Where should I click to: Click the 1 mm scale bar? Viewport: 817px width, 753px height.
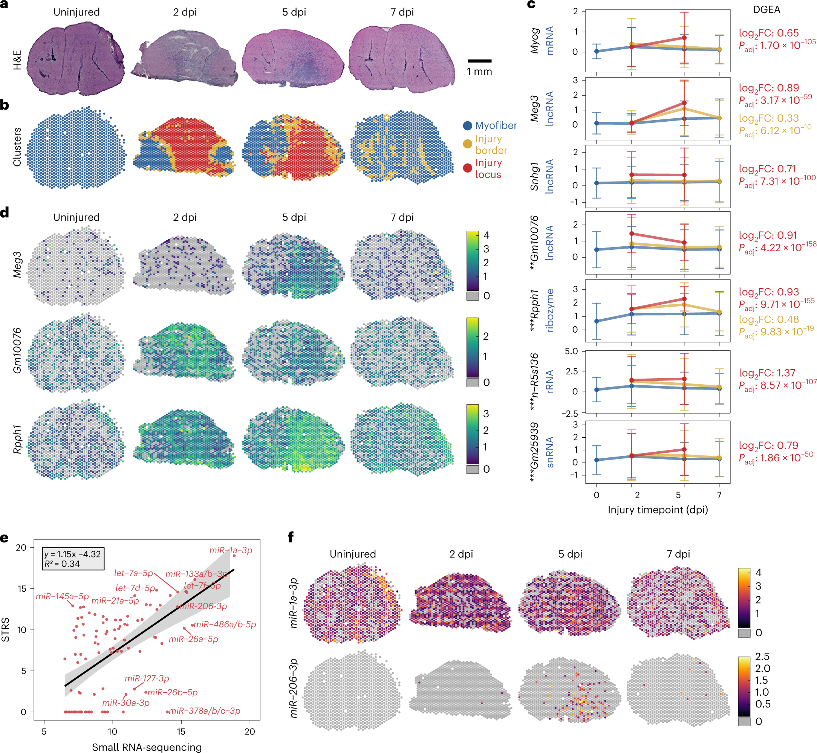coord(479,61)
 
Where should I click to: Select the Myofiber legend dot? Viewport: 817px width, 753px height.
coord(467,125)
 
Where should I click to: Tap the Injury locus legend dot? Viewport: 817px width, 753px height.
coord(467,168)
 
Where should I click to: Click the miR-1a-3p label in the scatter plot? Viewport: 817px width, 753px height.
coord(231,550)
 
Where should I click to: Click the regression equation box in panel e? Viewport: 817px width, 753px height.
coord(73,559)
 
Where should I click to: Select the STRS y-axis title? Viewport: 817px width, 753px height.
coord(6,630)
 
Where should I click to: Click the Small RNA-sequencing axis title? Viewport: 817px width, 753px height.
coord(147,747)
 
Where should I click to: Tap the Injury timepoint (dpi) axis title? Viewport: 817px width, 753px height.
coord(657,509)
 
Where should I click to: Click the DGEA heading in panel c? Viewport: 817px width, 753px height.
coord(766,9)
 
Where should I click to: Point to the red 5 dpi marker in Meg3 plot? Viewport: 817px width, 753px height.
coord(684,103)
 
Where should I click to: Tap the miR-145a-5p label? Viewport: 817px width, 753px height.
coord(62,596)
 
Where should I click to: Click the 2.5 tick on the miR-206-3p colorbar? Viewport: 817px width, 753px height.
coord(762,657)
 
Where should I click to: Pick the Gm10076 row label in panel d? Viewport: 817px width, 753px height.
coord(17,350)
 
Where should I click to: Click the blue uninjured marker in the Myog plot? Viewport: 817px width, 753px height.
coord(597,51)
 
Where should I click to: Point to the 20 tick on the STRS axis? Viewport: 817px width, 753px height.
coord(21,547)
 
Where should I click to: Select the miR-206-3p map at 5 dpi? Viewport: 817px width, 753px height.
coord(569,690)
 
